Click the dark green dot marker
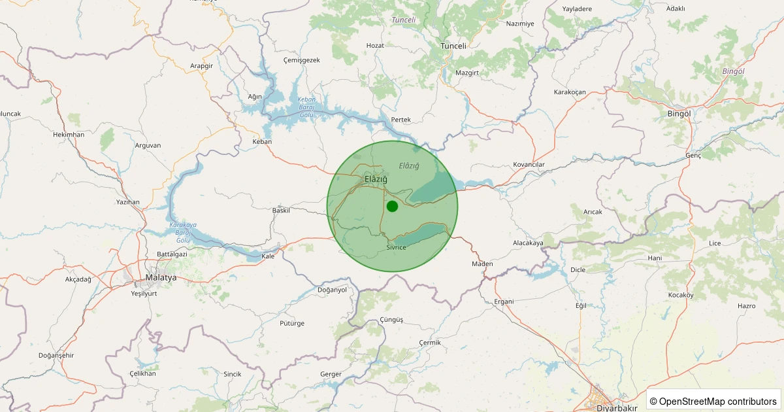click(x=392, y=207)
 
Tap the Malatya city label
click(x=161, y=278)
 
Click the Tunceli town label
click(x=453, y=46)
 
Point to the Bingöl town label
click(x=679, y=113)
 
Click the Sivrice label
click(x=396, y=247)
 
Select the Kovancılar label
click(x=529, y=164)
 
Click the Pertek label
click(x=400, y=120)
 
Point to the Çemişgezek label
click(x=301, y=60)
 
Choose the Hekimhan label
click(x=69, y=134)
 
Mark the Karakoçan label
click(x=569, y=92)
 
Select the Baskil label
click(x=281, y=211)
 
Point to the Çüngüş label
click(x=391, y=319)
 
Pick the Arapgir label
click(x=201, y=66)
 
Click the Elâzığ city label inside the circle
click(x=376, y=179)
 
